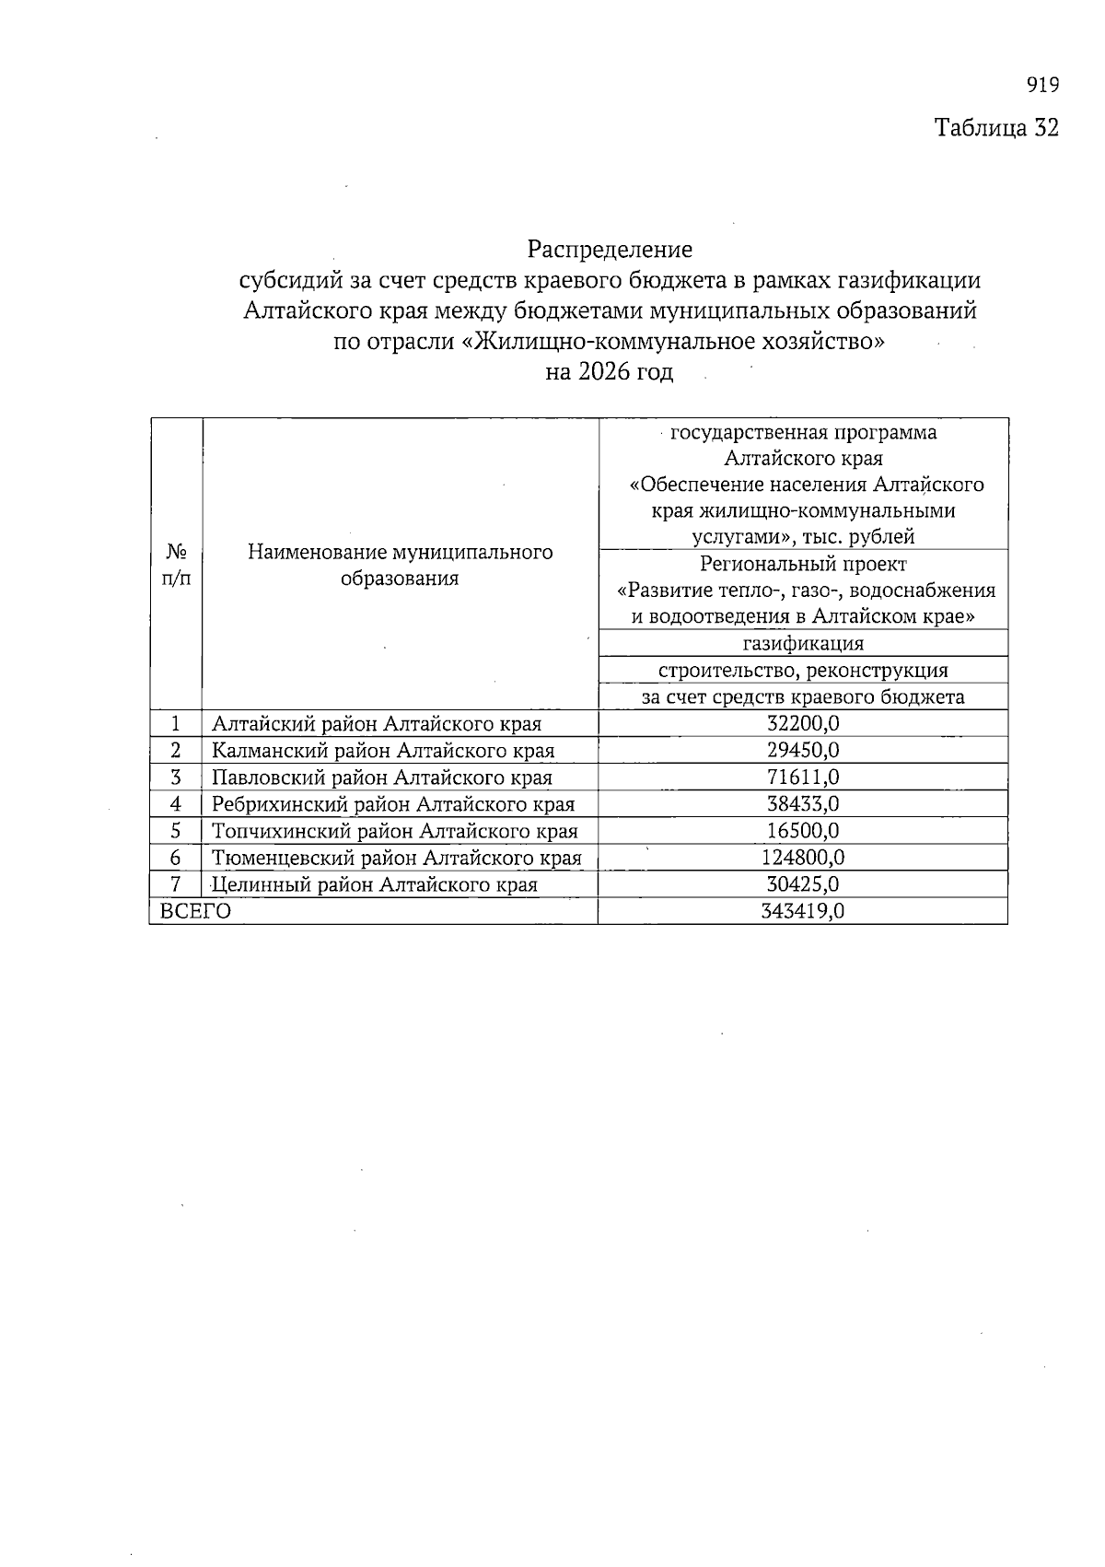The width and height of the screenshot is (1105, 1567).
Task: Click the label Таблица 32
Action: pyautogui.click(x=996, y=127)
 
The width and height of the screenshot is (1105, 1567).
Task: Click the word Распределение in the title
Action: pyautogui.click(x=610, y=249)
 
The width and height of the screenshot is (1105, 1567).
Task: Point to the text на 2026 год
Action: pyautogui.click(x=610, y=372)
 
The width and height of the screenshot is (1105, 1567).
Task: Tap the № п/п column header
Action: pyautogui.click(x=176, y=565)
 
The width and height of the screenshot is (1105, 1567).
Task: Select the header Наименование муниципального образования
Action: pyautogui.click(x=400, y=565)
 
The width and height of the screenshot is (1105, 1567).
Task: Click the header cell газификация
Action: pyautogui.click(x=803, y=643)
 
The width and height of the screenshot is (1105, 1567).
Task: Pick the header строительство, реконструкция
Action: pyautogui.click(x=803, y=670)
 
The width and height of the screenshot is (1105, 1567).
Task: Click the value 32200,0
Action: pyautogui.click(x=803, y=724)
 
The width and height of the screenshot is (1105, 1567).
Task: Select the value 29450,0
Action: pyautogui.click(x=803, y=751)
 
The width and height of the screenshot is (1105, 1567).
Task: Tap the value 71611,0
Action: pyautogui.click(x=803, y=778)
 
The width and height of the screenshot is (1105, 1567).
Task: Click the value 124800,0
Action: pyautogui.click(x=803, y=858)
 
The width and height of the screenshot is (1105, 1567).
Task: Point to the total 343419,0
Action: pyautogui.click(x=803, y=912)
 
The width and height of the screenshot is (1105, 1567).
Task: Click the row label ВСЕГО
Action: pyautogui.click(x=195, y=912)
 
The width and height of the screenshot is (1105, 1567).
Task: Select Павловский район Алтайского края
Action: pyautogui.click(x=382, y=778)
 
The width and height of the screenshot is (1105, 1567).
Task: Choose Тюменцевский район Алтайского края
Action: pyautogui.click(x=397, y=858)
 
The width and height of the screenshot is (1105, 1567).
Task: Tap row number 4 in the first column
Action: pyautogui.click(x=175, y=804)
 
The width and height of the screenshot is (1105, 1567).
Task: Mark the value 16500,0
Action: pyautogui.click(x=803, y=831)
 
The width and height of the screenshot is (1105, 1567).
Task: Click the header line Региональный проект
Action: pyautogui.click(x=803, y=564)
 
